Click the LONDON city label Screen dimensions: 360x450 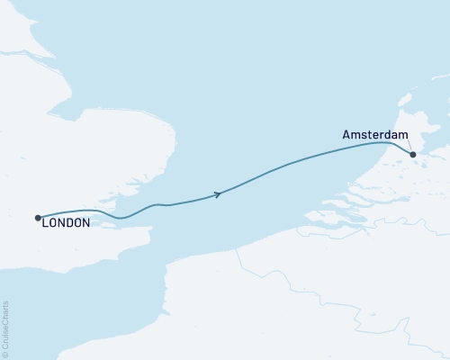[66, 222]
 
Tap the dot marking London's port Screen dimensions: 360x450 [37, 217]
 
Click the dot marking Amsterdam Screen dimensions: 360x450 [413, 155]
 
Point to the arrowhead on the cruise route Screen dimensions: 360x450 [217, 194]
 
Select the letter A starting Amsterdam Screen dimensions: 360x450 [346, 135]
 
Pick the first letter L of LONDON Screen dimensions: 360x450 [45, 222]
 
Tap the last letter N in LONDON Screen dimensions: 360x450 [85, 222]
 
